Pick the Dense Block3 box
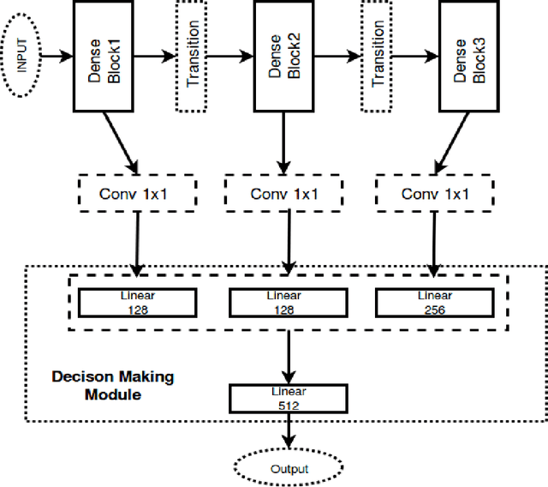point(468,56)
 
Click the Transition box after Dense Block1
point(192,56)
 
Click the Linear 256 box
point(434,303)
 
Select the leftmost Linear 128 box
point(136,303)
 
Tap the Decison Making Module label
point(112,385)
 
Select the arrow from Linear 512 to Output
point(289,430)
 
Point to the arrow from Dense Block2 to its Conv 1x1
point(283,142)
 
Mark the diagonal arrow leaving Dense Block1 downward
point(121,142)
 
